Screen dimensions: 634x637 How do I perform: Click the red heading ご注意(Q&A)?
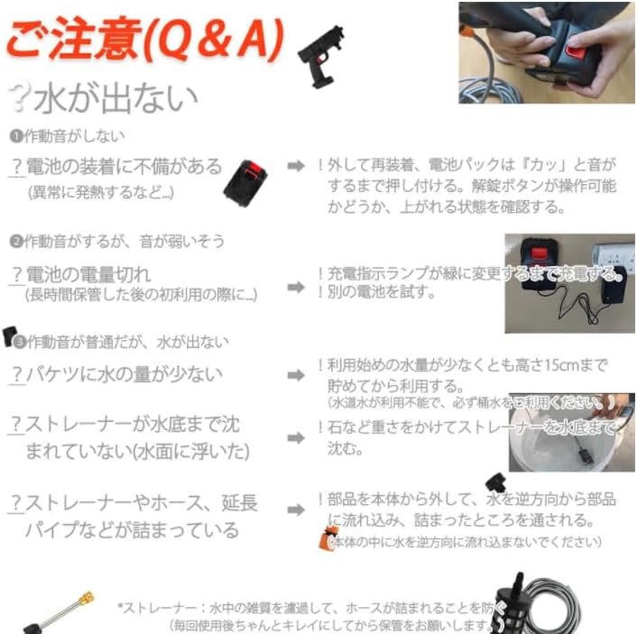[144, 41]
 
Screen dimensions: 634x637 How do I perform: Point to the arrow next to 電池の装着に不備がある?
[295, 167]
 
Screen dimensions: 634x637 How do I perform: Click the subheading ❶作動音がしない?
[67, 136]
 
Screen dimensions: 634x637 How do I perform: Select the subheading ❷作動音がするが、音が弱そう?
[116, 241]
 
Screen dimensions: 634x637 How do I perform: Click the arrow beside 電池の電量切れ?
[295, 287]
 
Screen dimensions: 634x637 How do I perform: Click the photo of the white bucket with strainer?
[571, 432]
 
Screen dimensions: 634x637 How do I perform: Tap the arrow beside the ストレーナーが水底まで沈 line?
[295, 437]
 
